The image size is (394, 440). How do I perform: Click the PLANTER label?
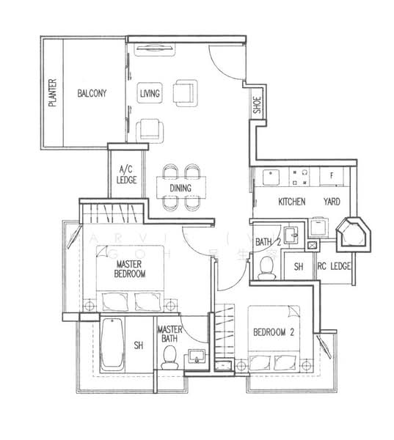pos(53,93)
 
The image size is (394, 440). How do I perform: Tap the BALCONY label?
pos(92,93)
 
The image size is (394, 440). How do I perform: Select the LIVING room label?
pos(150,93)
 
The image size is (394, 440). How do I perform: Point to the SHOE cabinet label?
pos(257,106)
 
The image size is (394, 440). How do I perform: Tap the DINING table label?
pos(180,188)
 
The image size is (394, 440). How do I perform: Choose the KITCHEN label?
pos(291,201)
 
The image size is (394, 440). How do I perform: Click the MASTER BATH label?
pos(169,334)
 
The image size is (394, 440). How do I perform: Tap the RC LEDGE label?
pos(334,267)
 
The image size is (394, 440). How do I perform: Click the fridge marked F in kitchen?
pos(332,177)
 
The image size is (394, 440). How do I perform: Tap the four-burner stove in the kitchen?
pos(299,176)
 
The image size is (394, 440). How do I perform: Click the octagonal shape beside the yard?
pos(353,232)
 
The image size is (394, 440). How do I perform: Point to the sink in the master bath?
pos(197,358)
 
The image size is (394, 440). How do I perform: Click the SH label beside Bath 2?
pos(299,267)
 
